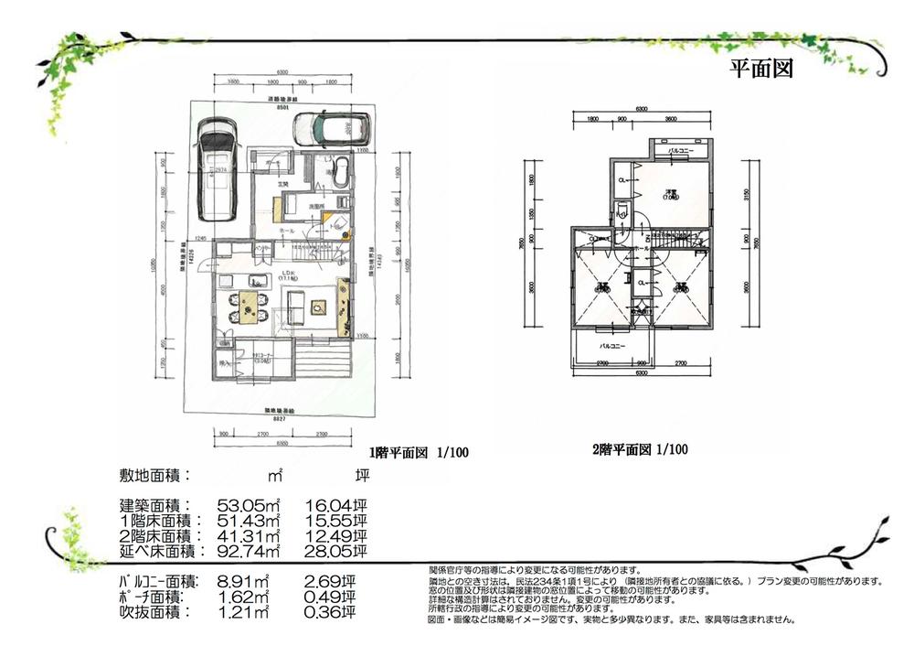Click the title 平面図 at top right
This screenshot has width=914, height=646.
click(760, 69)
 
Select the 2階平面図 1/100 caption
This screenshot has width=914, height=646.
click(639, 449)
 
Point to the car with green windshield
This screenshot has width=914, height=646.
click(330, 127)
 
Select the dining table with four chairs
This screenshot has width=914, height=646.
click(248, 305)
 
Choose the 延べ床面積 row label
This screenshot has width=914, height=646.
click(154, 551)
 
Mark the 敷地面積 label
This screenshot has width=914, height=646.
click(154, 476)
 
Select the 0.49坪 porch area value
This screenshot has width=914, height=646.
click(334, 596)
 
